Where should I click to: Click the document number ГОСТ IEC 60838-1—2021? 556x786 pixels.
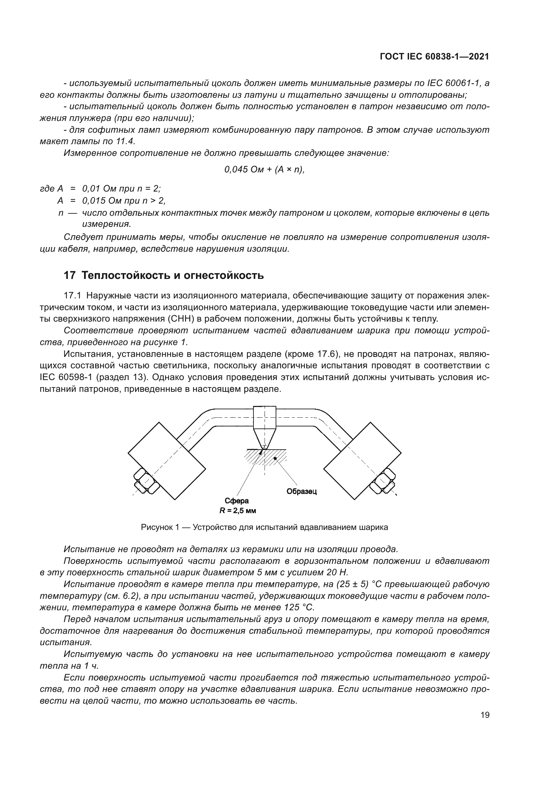coord(434,57)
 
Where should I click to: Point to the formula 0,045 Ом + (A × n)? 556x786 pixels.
coord(264,170)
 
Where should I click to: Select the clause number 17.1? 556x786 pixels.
coord(72,295)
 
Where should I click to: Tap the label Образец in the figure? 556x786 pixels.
coord(302,492)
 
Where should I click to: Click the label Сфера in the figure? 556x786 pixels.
coord(237,501)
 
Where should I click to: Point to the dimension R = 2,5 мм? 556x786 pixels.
coord(238,511)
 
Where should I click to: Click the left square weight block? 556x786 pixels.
coord(167,461)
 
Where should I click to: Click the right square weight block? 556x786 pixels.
coord(362,461)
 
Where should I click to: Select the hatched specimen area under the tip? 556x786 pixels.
coord(271,457)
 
